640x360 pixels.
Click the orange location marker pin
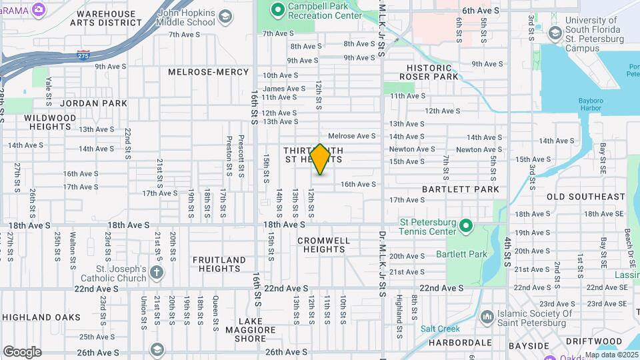(321, 159)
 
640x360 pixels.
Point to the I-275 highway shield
(83, 53)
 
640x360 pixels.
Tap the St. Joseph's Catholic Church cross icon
(157, 272)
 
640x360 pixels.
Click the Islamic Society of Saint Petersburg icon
(487, 315)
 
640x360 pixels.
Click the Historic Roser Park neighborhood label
(429, 72)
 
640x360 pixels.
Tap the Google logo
(22, 352)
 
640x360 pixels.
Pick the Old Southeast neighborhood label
(586, 197)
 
